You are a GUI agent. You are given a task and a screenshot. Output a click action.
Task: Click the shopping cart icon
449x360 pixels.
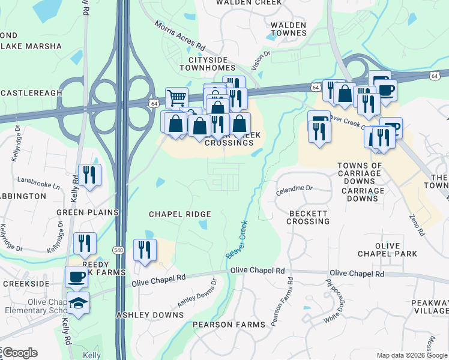(176, 98)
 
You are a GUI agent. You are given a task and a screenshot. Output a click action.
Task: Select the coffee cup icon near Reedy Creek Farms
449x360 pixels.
(76, 277)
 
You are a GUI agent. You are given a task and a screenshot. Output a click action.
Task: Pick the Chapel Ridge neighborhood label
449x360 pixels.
(179, 214)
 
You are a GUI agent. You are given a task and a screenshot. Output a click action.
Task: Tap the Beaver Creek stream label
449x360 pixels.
(237, 240)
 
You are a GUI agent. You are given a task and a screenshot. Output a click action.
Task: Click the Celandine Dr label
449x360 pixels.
(294, 190)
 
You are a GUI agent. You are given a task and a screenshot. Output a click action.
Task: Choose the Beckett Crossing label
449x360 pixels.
(309, 217)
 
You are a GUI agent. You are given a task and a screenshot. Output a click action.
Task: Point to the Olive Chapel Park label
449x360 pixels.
(396, 250)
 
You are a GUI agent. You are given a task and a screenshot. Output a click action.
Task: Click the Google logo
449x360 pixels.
(20, 353)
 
